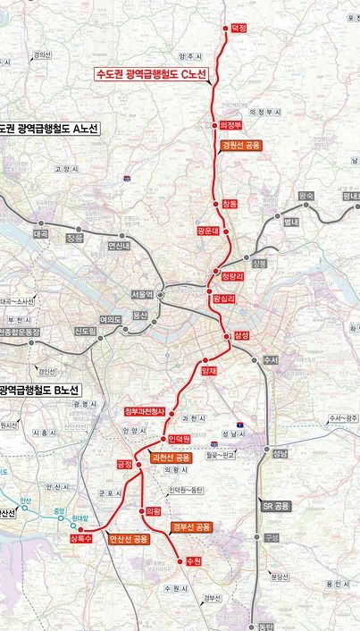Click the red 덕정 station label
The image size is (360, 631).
(x=239, y=29)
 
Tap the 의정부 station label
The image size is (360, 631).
(x=230, y=126)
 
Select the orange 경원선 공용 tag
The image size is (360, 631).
(x=241, y=145)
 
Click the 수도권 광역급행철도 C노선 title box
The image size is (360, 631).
(x=151, y=74)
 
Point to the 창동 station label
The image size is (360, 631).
(x=230, y=204)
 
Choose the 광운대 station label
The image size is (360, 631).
(x=208, y=231)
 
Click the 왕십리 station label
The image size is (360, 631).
(x=223, y=299)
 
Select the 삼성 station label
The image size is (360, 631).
(x=241, y=335)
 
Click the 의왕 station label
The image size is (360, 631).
(x=152, y=511)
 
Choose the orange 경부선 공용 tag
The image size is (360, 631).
(x=192, y=527)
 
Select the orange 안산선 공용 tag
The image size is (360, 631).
(x=128, y=539)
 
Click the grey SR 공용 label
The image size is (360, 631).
(x=276, y=506)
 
